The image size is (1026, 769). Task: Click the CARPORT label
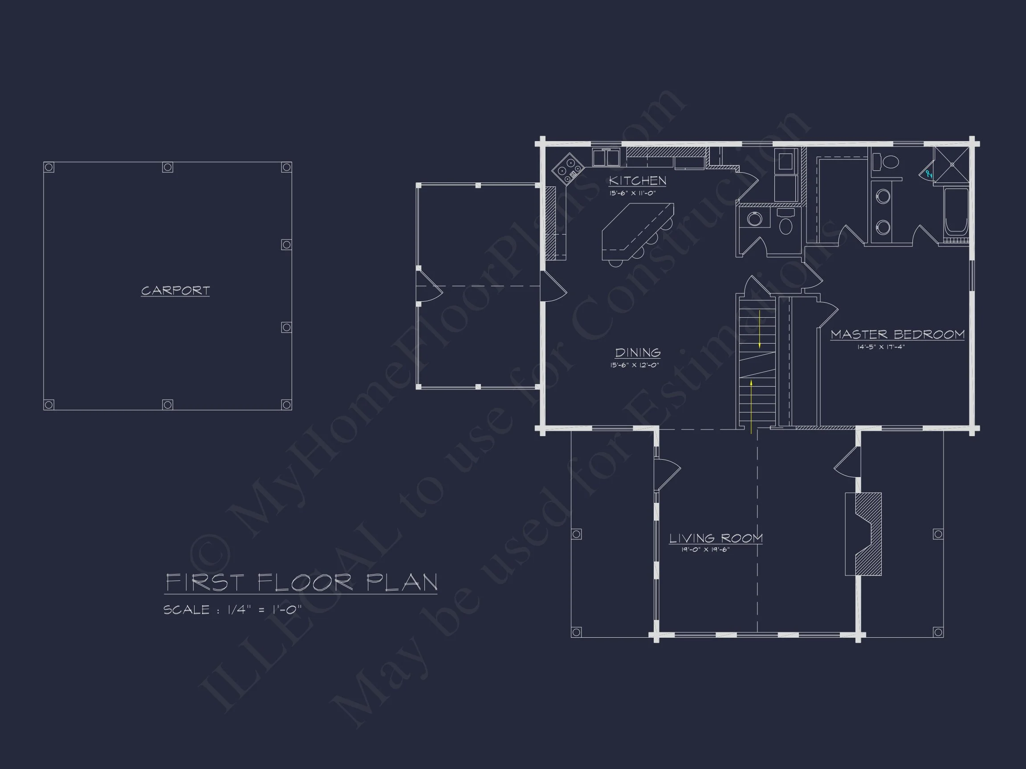(x=175, y=291)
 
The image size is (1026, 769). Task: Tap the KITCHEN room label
(x=637, y=180)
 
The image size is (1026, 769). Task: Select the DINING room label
(x=638, y=353)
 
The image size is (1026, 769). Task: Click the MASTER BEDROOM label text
(x=897, y=334)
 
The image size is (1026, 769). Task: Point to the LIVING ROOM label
(x=716, y=538)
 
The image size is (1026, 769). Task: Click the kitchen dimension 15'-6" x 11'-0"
(x=633, y=193)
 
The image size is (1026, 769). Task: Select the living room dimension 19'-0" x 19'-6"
(x=705, y=550)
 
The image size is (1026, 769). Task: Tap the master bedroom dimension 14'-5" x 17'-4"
(x=881, y=347)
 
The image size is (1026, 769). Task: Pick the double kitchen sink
(x=606, y=158)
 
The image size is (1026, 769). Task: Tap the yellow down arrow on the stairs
(x=760, y=329)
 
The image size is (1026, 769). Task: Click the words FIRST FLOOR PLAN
(x=301, y=583)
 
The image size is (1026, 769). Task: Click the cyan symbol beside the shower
(x=928, y=174)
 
